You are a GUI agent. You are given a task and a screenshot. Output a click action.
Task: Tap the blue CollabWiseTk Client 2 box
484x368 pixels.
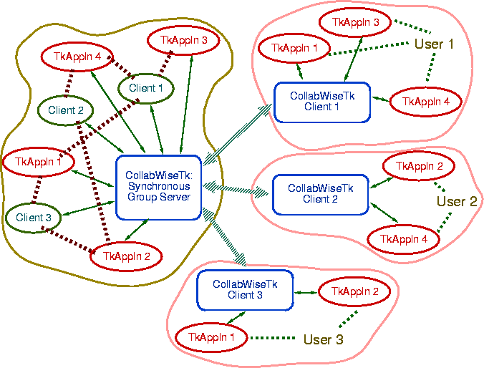pyautogui.click(x=319, y=193)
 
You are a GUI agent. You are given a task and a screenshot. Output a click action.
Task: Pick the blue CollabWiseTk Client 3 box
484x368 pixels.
pyautogui.click(x=245, y=290)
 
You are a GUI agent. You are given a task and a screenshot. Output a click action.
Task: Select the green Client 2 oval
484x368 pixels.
pyautogui.click(x=67, y=110)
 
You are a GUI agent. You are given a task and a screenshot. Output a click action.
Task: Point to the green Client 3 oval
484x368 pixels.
pyautogui.click(x=33, y=218)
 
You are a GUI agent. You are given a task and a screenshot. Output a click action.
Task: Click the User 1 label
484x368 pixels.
pyautogui.click(x=434, y=44)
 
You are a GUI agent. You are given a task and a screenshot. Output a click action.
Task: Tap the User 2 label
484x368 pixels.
pyautogui.click(x=456, y=202)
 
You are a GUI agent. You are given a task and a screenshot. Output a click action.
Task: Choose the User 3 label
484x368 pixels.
pyautogui.click(x=324, y=339)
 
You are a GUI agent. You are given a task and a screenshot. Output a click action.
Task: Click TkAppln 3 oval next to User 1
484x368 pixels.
pyautogui.click(x=356, y=22)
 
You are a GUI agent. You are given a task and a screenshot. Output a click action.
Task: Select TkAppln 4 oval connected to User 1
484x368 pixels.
pyautogui.click(x=426, y=102)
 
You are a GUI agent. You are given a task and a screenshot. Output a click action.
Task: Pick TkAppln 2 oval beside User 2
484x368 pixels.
pyautogui.click(x=420, y=166)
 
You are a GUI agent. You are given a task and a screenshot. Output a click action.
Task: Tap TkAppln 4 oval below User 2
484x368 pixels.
pyautogui.click(x=403, y=238)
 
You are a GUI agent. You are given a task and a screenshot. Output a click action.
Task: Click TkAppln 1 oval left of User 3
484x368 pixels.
pyautogui.click(x=211, y=336)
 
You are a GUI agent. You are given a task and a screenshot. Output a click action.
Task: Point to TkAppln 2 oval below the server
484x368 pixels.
pyautogui.click(x=127, y=256)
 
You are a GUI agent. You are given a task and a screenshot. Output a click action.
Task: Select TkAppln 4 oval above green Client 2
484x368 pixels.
pyautogui.click(x=72, y=55)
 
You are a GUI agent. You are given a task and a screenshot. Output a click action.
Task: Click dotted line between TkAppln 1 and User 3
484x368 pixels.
pyautogui.click(x=272, y=338)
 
